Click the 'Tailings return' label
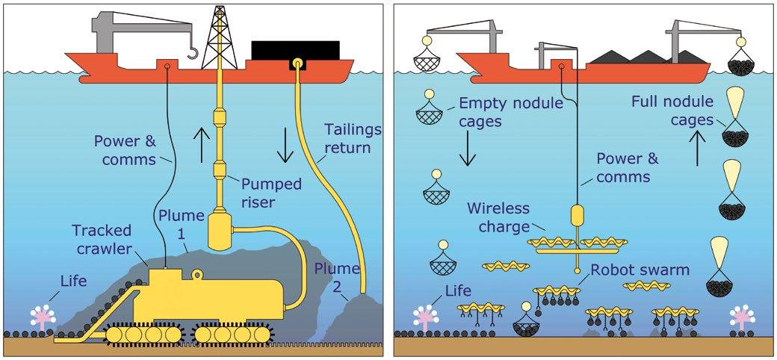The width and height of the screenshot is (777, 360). (353, 139)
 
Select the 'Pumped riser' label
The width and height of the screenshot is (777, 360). (271, 193)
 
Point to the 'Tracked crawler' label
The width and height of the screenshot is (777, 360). (102, 239)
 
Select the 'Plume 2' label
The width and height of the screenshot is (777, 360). (336, 277)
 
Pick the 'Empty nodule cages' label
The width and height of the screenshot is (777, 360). (511, 112)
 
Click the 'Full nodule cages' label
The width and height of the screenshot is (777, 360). (672, 111)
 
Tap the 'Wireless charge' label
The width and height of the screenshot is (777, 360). (498, 217)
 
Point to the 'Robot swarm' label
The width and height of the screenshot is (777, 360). (640, 270)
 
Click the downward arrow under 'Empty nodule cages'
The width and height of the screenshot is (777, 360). (467, 149)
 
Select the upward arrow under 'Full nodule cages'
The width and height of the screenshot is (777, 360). (697, 148)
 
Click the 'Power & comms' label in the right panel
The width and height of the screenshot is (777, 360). (628, 167)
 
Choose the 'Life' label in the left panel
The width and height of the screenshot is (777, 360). (73, 282)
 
